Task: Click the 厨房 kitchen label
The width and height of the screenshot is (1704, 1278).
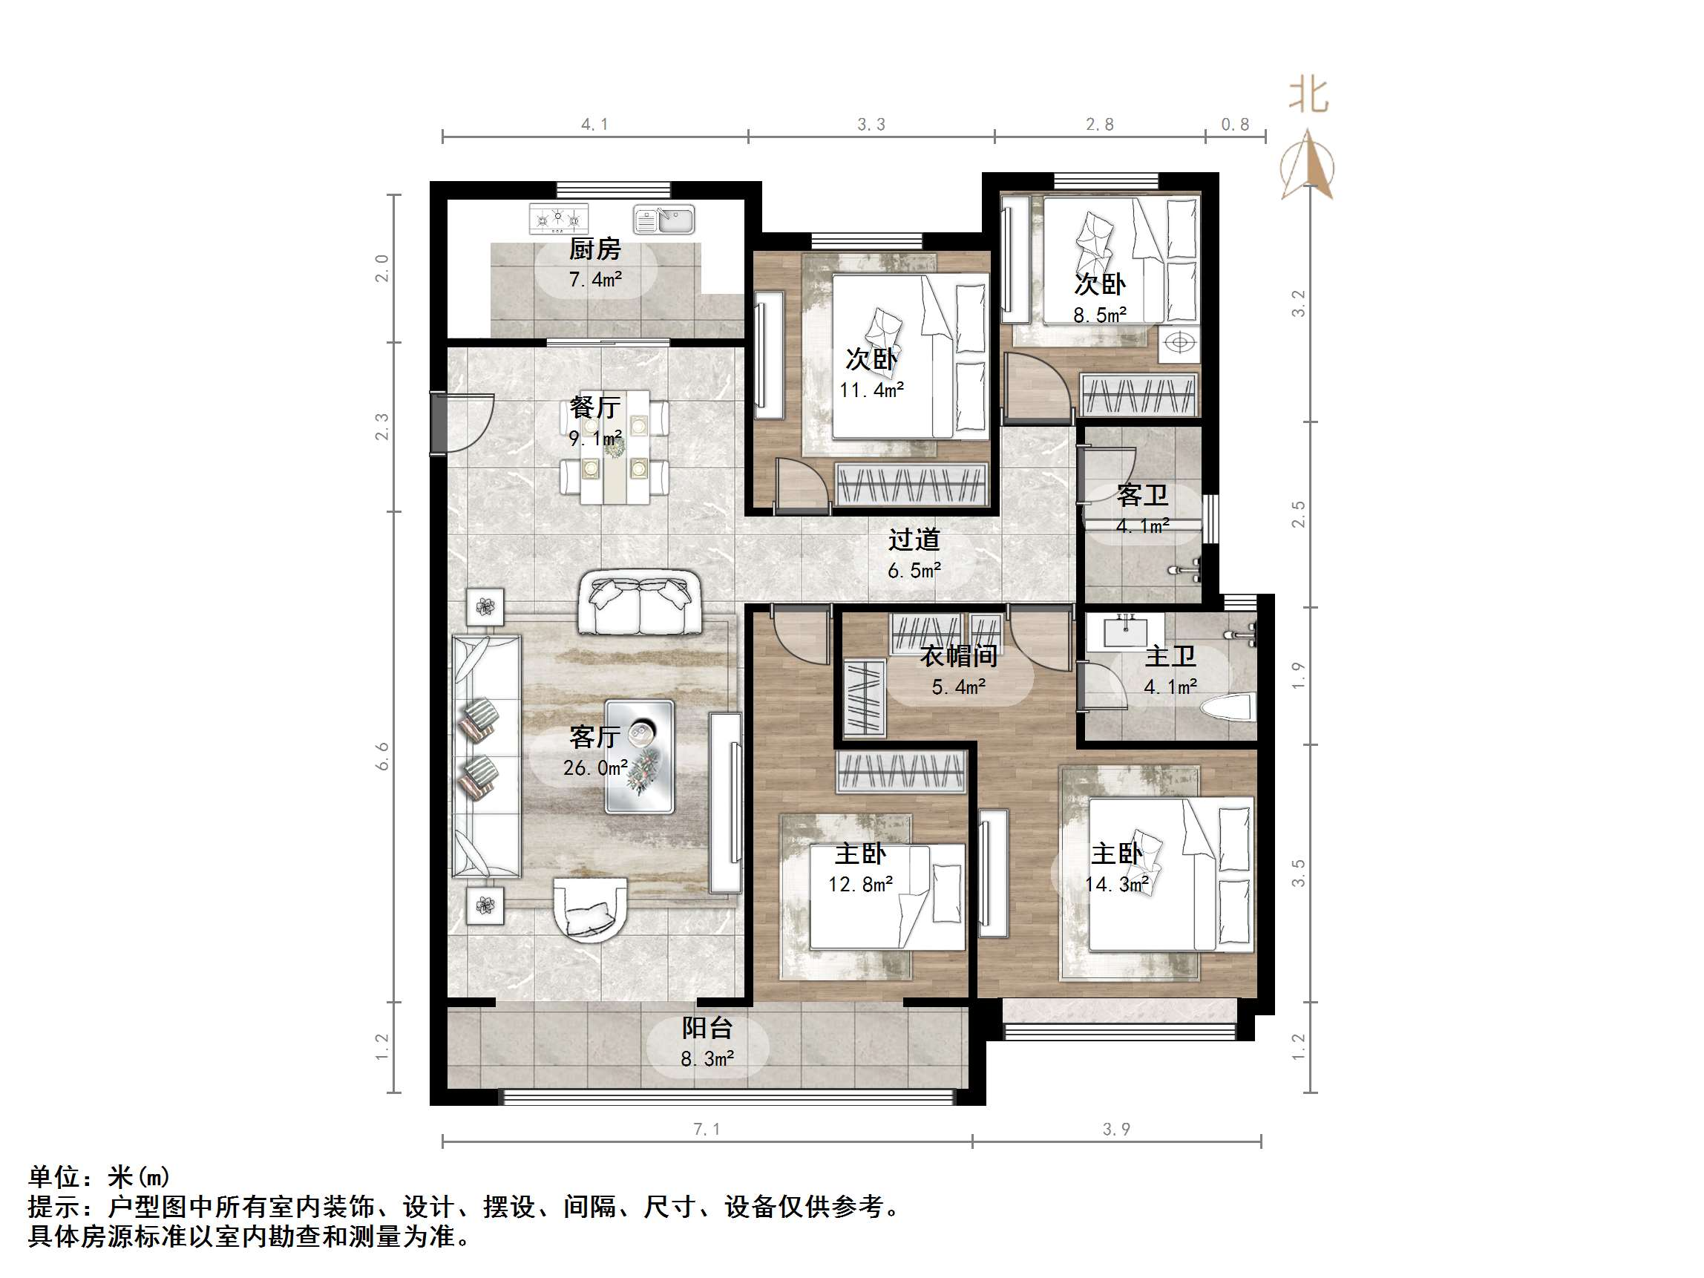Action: (x=594, y=249)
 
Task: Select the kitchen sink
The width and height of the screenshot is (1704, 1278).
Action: (x=663, y=220)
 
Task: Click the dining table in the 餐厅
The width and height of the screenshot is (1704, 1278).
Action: (x=614, y=448)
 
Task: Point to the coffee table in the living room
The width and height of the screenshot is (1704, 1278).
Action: (x=640, y=756)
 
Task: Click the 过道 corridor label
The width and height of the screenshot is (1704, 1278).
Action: (x=914, y=540)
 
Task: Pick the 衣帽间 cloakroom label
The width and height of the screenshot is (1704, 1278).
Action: (x=958, y=656)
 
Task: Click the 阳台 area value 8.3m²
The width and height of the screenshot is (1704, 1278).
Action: (x=707, y=1059)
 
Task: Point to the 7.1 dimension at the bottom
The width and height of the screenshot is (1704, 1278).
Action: (x=707, y=1130)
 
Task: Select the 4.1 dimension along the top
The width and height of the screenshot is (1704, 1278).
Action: (x=594, y=125)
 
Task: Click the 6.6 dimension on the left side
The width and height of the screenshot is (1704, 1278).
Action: (x=382, y=756)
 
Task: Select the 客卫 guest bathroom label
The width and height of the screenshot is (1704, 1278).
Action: (x=1141, y=495)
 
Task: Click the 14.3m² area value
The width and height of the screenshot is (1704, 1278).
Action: (x=1117, y=885)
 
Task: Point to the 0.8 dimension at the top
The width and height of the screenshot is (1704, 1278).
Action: (x=1235, y=125)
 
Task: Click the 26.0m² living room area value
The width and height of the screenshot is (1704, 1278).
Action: (x=594, y=768)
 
